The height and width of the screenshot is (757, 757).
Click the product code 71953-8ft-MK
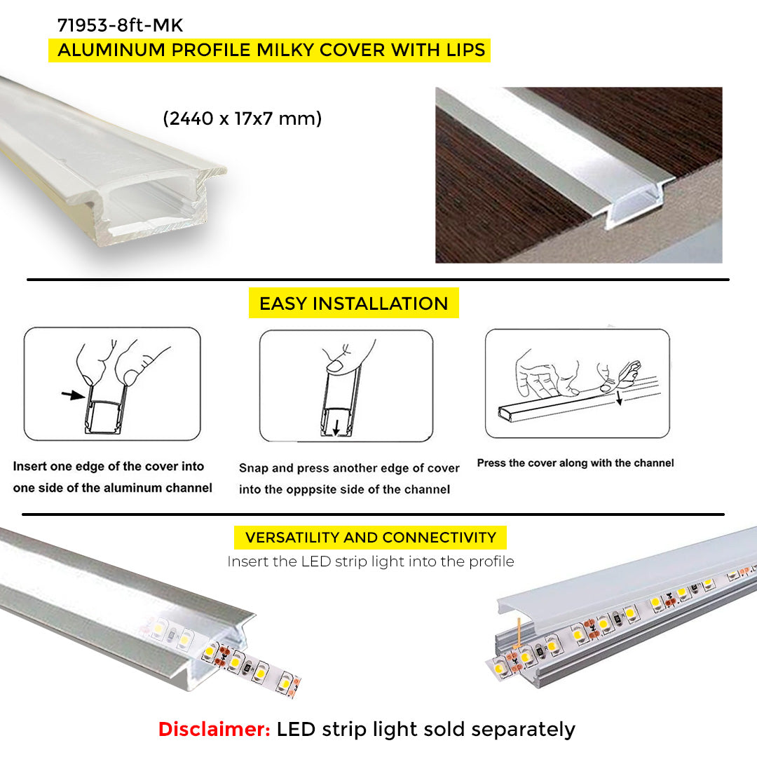[x=121, y=25]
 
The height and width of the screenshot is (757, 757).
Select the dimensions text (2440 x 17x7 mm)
[x=243, y=118]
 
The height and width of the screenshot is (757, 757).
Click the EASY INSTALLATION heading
[x=353, y=304]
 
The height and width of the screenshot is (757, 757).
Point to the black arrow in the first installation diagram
[x=73, y=395]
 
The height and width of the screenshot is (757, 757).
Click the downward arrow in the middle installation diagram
[x=336, y=427]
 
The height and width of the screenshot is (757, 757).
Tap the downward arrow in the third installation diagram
[x=620, y=399]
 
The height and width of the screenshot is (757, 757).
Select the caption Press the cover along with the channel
[x=575, y=463]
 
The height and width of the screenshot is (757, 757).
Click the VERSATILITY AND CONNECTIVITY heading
[x=370, y=538]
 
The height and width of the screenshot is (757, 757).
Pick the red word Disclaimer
[x=214, y=729]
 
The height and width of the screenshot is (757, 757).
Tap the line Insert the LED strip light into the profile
[x=370, y=561]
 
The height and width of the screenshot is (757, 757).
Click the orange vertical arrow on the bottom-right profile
[x=518, y=633]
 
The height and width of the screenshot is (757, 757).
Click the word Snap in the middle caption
[x=254, y=469]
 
